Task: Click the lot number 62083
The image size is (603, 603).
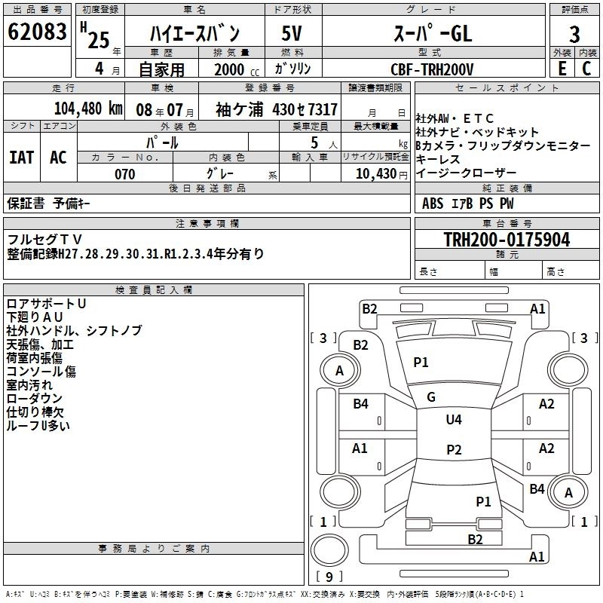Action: pyautogui.click(x=37, y=34)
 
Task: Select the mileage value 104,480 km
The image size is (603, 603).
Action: pyautogui.click(x=88, y=109)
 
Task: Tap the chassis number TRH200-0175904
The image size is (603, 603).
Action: pyautogui.click(x=507, y=240)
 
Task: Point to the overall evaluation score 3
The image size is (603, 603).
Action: pyautogui.click(x=575, y=35)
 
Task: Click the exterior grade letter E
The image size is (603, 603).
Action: pyautogui.click(x=562, y=68)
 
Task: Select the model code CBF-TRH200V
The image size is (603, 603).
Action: pyautogui.click(x=432, y=69)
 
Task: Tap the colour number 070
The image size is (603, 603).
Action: pyautogui.click(x=124, y=174)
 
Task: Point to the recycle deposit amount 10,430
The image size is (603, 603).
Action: pyautogui.click(x=375, y=174)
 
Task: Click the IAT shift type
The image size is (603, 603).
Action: pyautogui.click(x=21, y=157)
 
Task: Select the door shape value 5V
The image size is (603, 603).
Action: pyautogui.click(x=292, y=34)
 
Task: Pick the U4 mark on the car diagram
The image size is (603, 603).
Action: pyautogui.click(x=453, y=420)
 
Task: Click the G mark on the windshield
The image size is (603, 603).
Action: pyautogui.click(x=431, y=397)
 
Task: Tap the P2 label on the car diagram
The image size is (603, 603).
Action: pyautogui.click(x=454, y=450)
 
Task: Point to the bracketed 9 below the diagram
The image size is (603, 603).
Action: pyautogui.click(x=329, y=577)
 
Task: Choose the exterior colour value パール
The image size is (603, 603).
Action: pyautogui.click(x=162, y=141)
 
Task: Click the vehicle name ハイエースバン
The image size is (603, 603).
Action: pyautogui.click(x=194, y=34)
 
